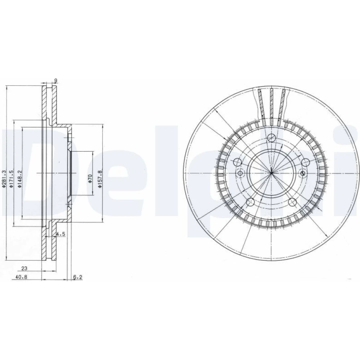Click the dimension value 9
coord(55,80)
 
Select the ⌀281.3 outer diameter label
coord(3,179)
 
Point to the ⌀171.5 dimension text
coord(11,179)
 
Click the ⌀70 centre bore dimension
coord(90,179)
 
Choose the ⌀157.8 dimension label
coord(99,179)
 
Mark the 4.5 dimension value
coord(61,234)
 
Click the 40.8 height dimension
coord(21,277)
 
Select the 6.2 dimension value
coord(78,277)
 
